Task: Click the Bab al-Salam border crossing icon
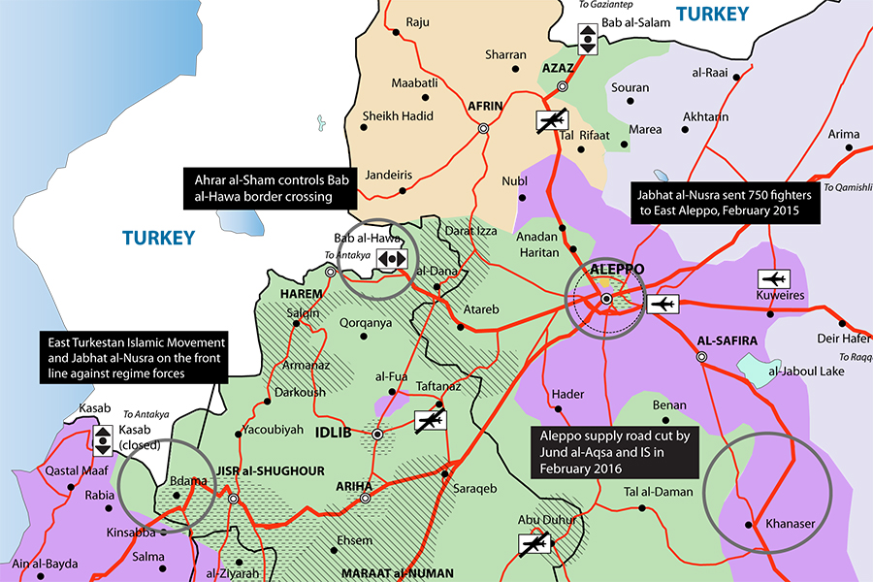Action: tap(588, 40)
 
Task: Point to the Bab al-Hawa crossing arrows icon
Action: tap(393, 259)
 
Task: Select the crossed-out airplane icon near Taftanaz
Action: tap(430, 420)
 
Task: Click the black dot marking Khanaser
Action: tap(749, 524)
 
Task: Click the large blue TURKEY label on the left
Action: tap(159, 238)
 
